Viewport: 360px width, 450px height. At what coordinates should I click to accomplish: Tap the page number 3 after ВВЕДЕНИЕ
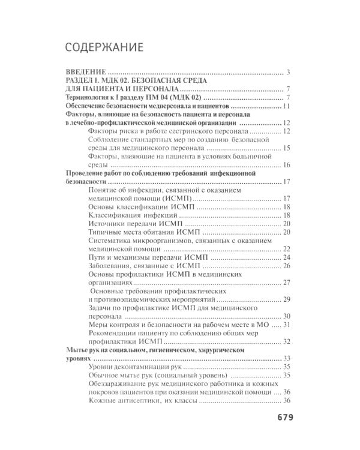click(x=288, y=73)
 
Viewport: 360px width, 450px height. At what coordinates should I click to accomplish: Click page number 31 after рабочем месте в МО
click(x=286, y=324)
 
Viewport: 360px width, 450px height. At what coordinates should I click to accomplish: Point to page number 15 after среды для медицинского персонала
click(x=286, y=148)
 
